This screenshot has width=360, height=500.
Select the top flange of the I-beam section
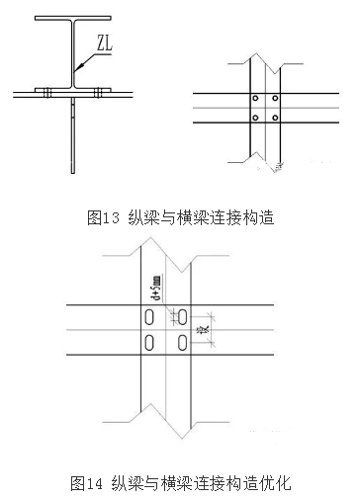[x=73, y=18]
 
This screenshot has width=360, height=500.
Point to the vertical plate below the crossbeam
[x=73, y=138]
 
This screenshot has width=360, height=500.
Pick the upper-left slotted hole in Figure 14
[x=147, y=317]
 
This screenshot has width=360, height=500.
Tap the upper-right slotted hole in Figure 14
[x=183, y=317]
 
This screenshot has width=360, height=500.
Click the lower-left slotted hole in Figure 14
[x=147, y=342]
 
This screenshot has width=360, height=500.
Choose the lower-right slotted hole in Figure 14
[x=183, y=342]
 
